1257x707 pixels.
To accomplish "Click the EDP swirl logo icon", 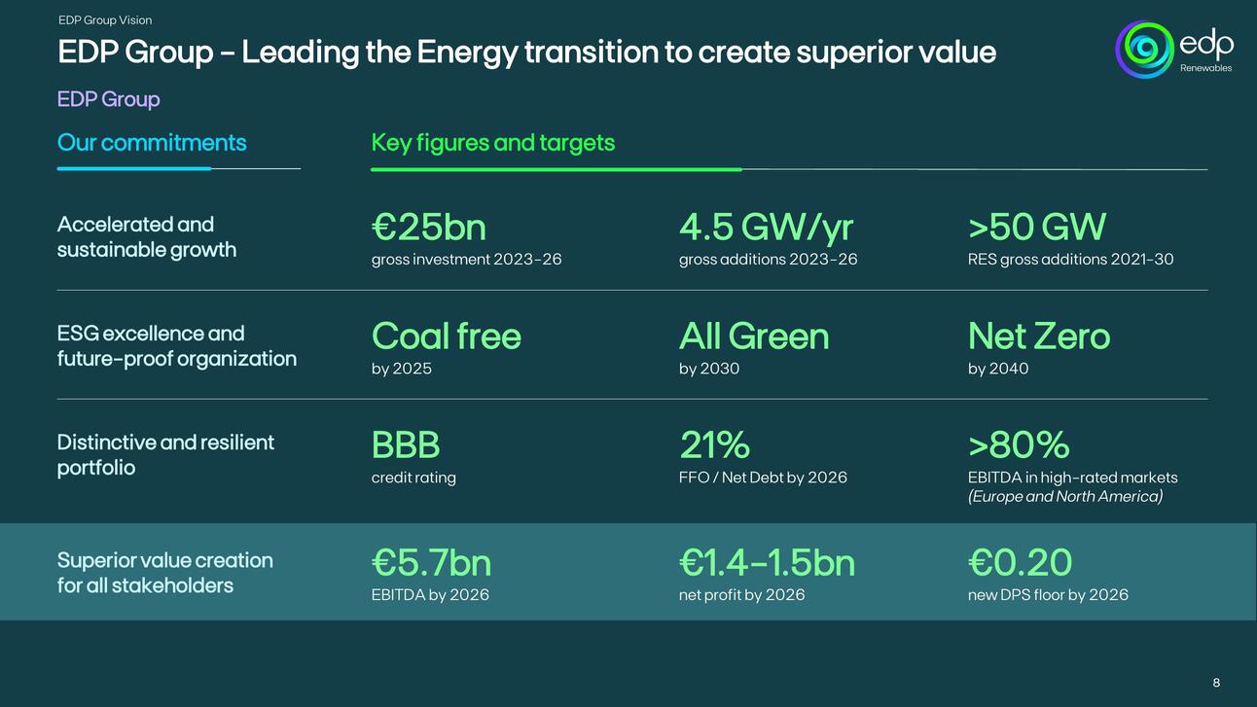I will point(1145,49).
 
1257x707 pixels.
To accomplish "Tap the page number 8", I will point(1216,683).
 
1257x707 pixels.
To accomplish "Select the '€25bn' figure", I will point(428,228).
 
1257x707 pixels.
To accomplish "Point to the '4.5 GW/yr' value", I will point(766,228).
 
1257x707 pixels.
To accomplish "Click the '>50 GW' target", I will point(1036,228).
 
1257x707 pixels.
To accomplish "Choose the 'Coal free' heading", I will point(446,336).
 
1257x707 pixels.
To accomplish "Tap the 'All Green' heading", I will point(754,336).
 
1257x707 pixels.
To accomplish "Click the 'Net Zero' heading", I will point(1038,336).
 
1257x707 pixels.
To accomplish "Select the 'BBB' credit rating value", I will point(406,445).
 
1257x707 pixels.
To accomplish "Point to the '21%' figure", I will point(714,445).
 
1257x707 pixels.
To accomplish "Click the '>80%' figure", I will point(1018,445).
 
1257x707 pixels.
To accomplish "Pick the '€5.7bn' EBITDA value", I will point(431,563).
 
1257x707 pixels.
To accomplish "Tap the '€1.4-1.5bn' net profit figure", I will point(767,563).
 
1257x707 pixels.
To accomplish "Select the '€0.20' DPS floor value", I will point(1020,563).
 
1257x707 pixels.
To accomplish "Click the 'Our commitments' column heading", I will point(152,143).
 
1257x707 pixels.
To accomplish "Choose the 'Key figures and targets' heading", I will point(492,143).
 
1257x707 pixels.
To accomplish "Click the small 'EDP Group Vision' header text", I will point(105,20).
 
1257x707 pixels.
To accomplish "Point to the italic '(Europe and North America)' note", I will point(1064,497).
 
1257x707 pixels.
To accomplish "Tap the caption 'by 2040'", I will point(997,369).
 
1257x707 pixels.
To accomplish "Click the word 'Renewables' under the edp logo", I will point(1205,68).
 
